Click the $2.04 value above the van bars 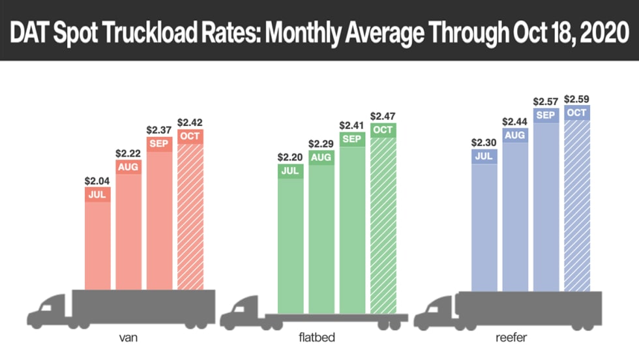point(98,181)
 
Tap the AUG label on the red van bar point(128,166)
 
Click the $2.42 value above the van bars point(190,122)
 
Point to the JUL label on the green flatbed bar point(291,171)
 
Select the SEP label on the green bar point(352,138)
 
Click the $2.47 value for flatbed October point(383,115)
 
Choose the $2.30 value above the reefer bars point(484,142)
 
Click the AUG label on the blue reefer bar point(515,136)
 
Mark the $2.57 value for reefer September point(546,101)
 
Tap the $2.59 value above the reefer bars point(576,99)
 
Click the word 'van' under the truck point(128,339)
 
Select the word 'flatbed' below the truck point(321,339)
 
